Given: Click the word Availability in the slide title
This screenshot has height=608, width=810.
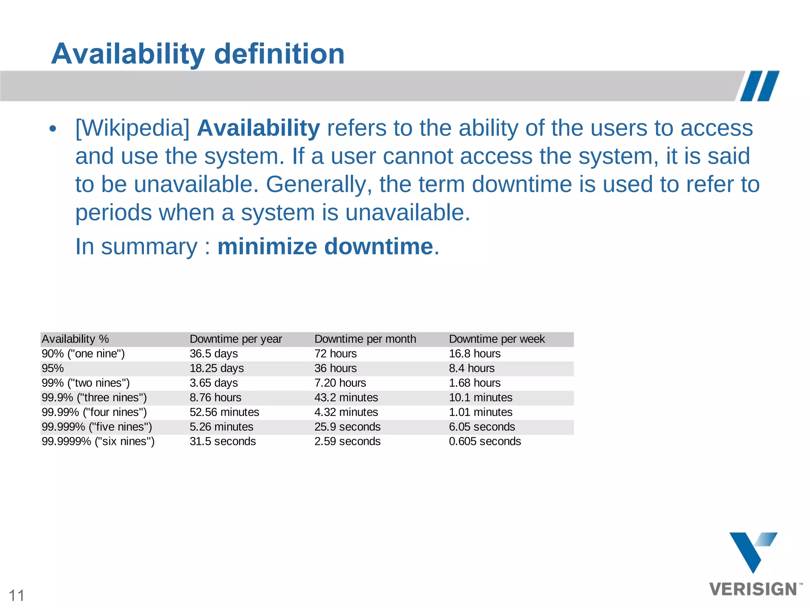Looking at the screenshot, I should (128, 54).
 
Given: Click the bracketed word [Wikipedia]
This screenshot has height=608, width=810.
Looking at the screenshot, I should (132, 128).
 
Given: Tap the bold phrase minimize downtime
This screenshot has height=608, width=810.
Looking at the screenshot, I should (325, 247).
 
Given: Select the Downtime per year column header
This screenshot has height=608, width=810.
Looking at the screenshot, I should (236, 339).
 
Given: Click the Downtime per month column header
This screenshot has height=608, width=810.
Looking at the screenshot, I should (365, 339).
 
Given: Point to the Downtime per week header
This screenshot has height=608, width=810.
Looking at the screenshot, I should (497, 339).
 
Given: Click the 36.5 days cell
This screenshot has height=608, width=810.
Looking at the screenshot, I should (214, 354).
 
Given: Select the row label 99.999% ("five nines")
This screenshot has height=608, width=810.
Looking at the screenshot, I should (97, 427).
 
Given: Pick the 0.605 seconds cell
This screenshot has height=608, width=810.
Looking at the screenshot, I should (485, 442).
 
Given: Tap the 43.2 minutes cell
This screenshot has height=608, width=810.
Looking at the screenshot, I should (346, 398).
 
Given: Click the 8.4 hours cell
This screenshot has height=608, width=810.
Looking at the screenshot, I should (471, 369).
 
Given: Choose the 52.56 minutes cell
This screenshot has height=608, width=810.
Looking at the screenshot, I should (224, 412).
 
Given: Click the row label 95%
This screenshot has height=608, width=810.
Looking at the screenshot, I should (53, 369).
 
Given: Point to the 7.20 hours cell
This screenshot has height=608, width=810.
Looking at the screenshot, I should (340, 383).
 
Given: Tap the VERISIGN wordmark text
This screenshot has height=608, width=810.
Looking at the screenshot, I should (753, 589).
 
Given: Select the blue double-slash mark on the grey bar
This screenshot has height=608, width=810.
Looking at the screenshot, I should (760, 86).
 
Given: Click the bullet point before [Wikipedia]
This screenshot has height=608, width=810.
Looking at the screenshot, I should (53, 129).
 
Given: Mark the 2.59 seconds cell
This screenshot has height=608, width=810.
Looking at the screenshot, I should (347, 442).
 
